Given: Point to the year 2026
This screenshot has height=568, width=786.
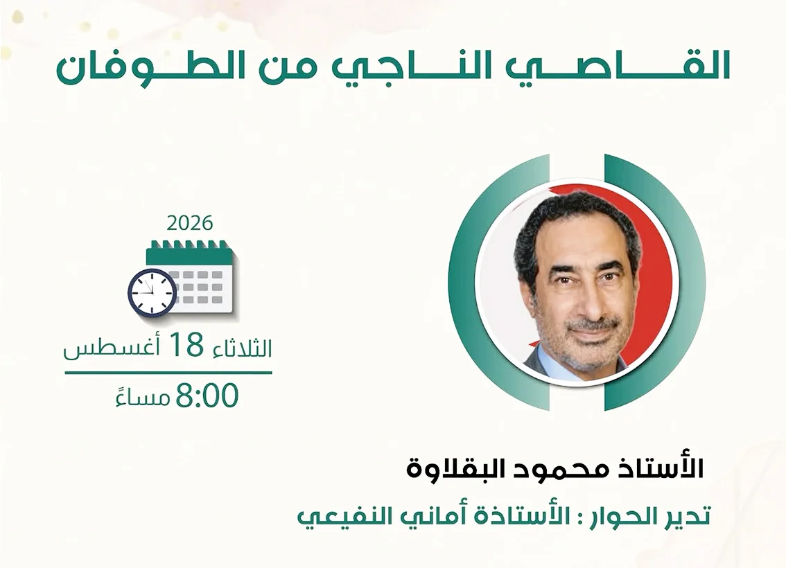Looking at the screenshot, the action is tap(190, 222).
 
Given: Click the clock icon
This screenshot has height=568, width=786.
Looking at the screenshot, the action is tap(152, 292).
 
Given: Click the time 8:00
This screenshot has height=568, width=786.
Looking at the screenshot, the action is tap(207, 396).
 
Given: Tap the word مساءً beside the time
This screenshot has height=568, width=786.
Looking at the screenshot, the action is tap(143, 398).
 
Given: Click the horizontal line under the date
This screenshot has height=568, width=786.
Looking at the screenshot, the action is tap(168, 373).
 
